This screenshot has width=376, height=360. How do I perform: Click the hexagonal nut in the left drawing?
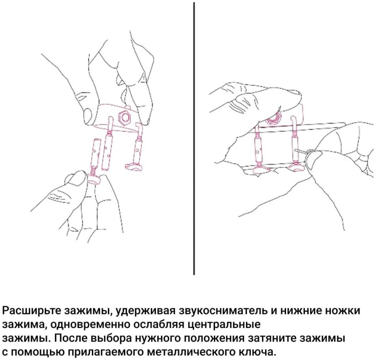125,117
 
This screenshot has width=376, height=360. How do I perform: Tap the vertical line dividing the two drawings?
194,138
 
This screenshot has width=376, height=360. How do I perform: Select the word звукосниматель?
224,311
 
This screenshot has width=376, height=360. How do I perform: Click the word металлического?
191,352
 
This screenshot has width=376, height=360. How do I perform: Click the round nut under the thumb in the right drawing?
273,119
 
